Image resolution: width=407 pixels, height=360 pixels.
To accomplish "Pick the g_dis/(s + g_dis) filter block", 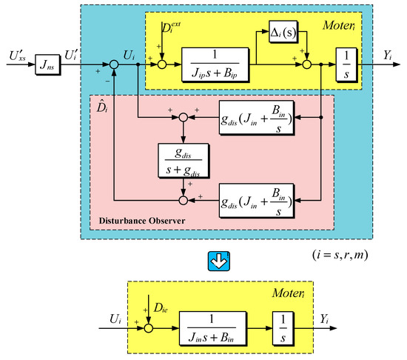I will coord(185,156).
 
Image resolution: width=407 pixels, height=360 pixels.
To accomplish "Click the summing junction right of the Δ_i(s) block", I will coord(307,65).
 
